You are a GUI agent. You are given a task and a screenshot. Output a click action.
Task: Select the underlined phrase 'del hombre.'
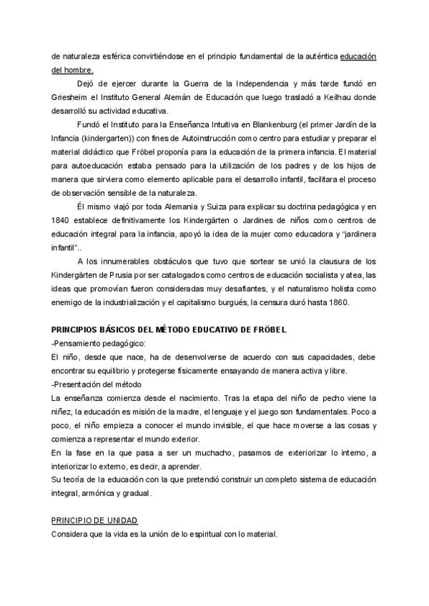(72, 69)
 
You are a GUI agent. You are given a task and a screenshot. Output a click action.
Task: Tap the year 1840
(61, 219)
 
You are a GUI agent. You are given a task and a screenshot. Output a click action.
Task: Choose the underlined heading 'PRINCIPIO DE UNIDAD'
(94, 520)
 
